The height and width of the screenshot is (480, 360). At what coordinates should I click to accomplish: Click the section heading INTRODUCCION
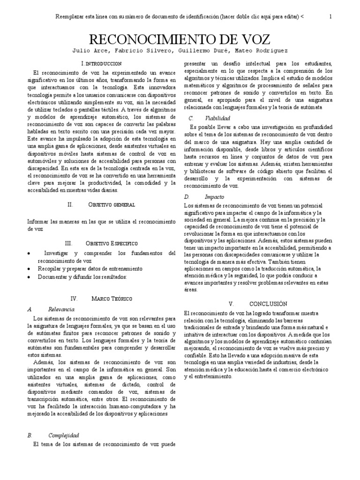coord(103,63)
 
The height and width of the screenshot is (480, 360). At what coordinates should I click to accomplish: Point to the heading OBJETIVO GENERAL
coord(112,205)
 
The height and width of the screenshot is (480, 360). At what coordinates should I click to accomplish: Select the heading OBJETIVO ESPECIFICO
coord(112,243)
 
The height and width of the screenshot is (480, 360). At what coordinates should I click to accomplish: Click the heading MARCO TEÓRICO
coord(112,298)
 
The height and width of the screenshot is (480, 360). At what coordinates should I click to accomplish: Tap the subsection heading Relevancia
coord(61,309)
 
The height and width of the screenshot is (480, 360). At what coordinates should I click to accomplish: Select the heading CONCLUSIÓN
coord(268,304)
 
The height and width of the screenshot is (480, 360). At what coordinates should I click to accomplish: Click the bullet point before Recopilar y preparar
coord(30,269)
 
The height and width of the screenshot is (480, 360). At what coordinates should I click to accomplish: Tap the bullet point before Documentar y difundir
coord(30,277)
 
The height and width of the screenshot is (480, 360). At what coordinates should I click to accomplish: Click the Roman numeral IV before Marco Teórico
coord(74,298)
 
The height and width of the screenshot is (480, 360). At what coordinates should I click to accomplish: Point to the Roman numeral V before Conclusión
coord(231,304)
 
